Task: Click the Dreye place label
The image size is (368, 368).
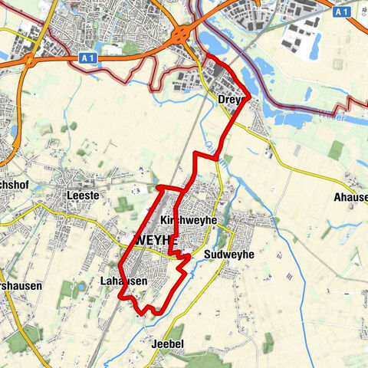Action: tap(230, 100)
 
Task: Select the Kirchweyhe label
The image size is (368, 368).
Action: tap(189, 220)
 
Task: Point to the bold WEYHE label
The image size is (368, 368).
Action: tap(156, 240)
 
